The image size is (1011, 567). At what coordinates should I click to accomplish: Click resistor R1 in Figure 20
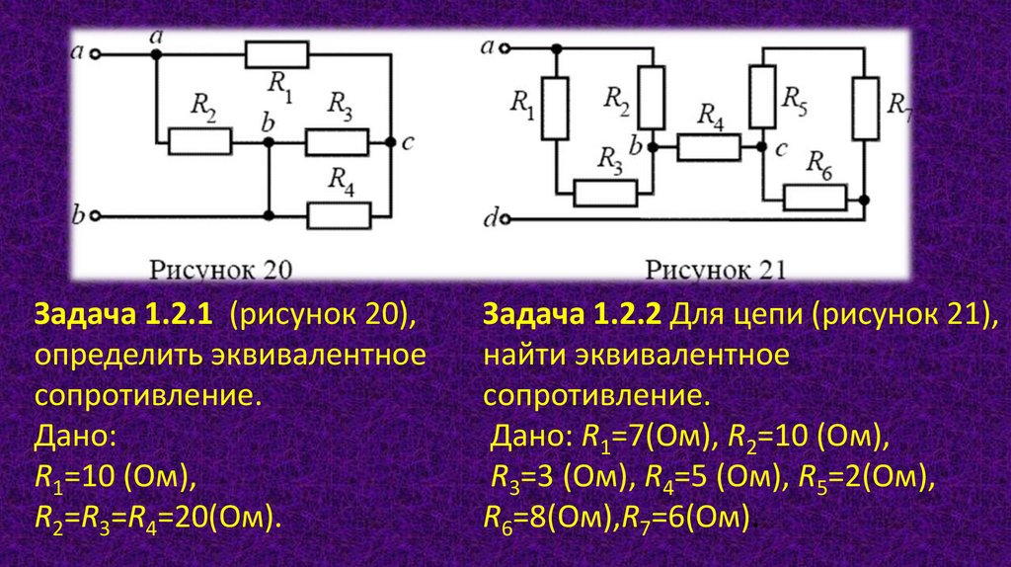pyautogui.click(x=277, y=55)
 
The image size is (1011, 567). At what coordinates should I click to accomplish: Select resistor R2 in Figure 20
pyautogui.click(x=200, y=142)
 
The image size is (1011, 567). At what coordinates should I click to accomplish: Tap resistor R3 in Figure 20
pyautogui.click(x=337, y=142)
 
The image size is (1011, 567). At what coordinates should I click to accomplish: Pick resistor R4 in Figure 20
pyautogui.click(x=339, y=214)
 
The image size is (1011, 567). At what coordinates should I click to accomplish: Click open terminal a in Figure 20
pyautogui.click(x=96, y=54)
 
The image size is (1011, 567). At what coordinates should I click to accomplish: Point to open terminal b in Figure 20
pyautogui.click(x=96, y=214)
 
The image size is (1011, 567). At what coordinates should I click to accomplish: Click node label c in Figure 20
pyautogui.click(x=407, y=143)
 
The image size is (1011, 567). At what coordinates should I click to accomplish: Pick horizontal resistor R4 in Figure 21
pyautogui.click(x=708, y=147)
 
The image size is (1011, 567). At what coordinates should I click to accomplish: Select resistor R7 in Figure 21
pyautogui.click(x=865, y=109)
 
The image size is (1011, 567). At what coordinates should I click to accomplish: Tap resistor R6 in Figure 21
pyautogui.click(x=815, y=198)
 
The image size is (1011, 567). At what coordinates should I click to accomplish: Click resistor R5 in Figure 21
pyautogui.click(x=761, y=96)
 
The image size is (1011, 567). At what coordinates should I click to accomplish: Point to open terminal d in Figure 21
pyautogui.click(x=508, y=218)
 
